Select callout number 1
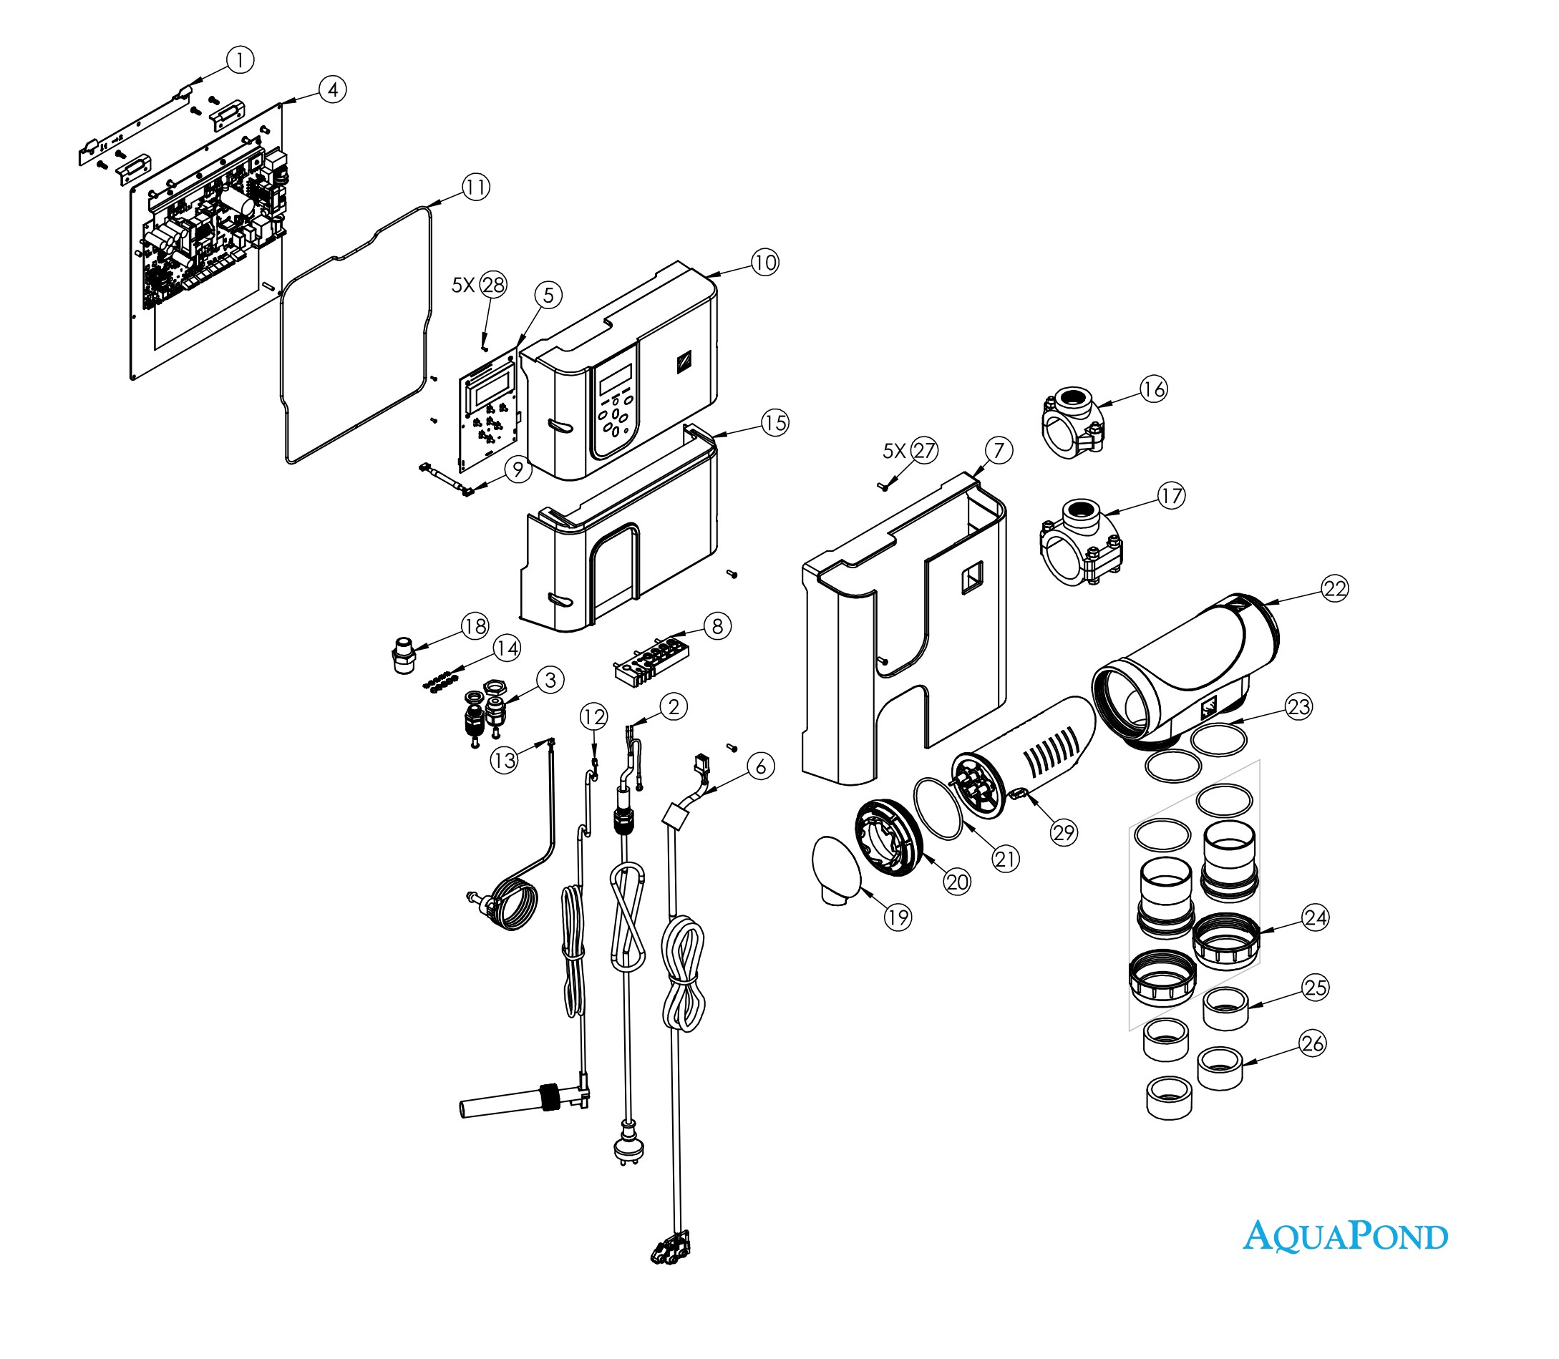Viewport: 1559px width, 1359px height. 241,60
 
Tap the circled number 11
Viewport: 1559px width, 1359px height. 476,187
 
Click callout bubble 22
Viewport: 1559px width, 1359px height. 1334,588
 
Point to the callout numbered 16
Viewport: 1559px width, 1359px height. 1153,390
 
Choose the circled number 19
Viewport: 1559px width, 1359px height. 898,917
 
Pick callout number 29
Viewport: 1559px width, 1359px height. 1064,833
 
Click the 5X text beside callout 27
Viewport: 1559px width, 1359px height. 895,452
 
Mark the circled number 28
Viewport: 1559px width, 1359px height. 493,285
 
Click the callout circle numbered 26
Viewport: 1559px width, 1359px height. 1313,1043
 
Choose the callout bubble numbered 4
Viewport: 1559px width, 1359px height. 332,89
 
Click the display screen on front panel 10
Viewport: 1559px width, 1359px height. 616,379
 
